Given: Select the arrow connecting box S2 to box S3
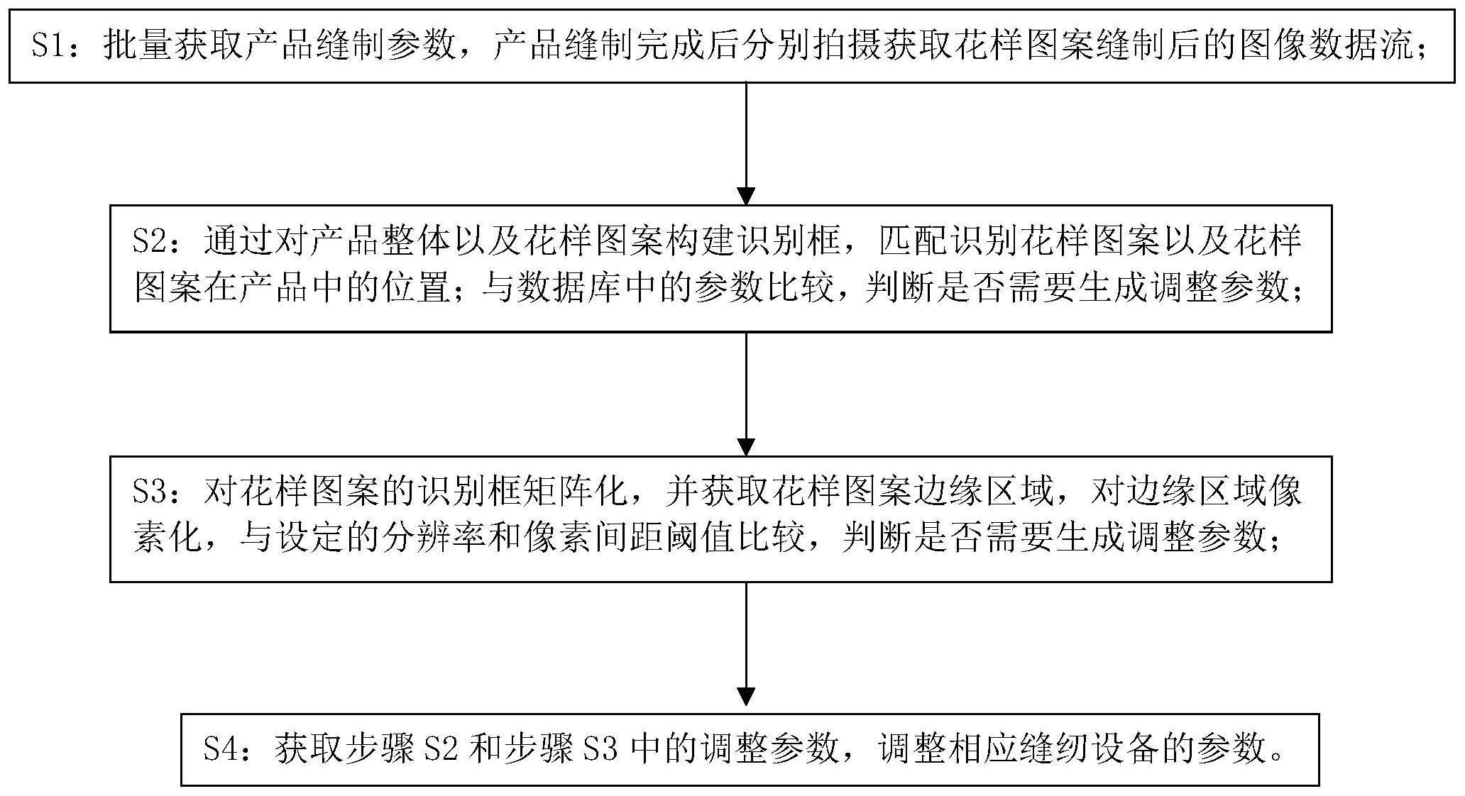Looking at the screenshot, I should tap(745, 394).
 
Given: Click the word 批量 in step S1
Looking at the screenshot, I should tap(138, 47).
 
